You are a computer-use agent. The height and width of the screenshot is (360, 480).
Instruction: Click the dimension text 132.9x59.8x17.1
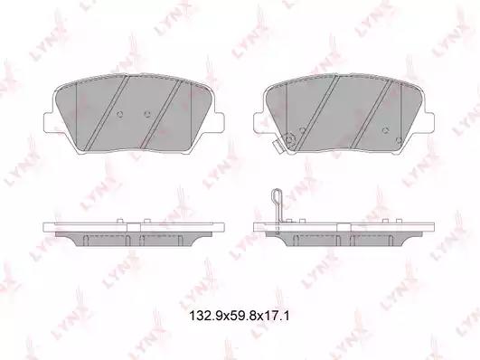point(240,316)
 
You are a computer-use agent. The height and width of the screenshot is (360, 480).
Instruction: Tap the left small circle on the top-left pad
point(120,115)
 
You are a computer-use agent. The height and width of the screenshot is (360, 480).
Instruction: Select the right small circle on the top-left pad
point(147,115)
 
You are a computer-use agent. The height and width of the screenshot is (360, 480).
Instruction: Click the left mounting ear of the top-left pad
point(51,123)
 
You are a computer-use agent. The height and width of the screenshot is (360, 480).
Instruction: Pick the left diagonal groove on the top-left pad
point(107,113)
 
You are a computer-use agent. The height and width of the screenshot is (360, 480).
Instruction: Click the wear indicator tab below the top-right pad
point(279,147)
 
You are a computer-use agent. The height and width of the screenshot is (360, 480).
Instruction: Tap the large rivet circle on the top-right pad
point(289,139)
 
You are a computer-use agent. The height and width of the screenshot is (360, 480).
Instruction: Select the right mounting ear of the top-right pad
point(427,123)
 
